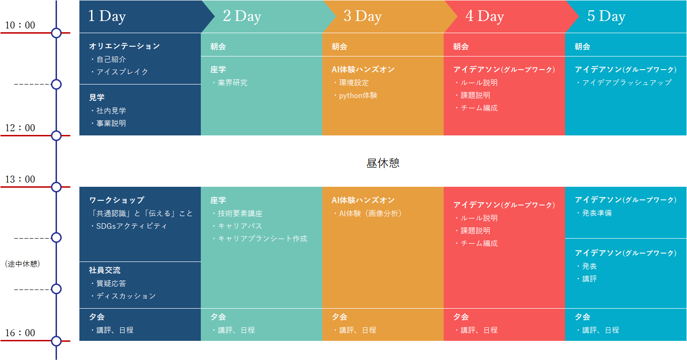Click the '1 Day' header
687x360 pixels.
click(x=107, y=16)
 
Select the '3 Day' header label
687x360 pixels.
click(x=362, y=16)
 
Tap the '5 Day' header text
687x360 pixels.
click(x=606, y=16)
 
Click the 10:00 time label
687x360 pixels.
click(x=20, y=25)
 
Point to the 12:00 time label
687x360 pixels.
click(x=20, y=128)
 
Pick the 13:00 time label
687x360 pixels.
click(x=20, y=179)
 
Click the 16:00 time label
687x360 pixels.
click(x=20, y=333)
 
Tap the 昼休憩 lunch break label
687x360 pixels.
click(x=383, y=163)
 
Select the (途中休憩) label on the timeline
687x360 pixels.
click(x=22, y=264)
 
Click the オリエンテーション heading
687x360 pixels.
click(x=125, y=46)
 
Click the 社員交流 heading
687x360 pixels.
click(x=105, y=270)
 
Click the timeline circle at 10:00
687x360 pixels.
click(x=56, y=33)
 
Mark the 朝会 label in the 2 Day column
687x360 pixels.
click(x=218, y=47)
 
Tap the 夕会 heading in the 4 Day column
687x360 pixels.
click(x=461, y=317)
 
